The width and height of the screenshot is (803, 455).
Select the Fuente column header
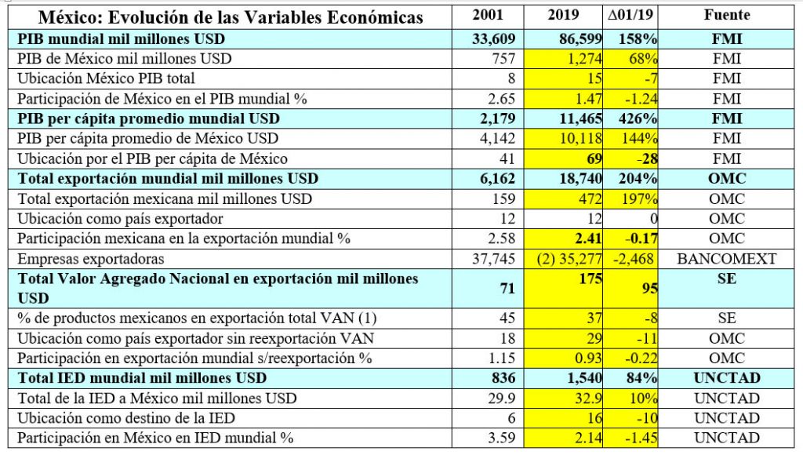[727, 16]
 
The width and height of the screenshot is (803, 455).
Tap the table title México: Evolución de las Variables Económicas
[231, 17]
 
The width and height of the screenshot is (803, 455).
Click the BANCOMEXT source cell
[727, 258]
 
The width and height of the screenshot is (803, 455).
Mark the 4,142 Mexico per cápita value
[497, 139]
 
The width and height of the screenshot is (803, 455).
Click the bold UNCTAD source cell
[727, 378]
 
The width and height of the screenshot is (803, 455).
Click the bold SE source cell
[727, 279]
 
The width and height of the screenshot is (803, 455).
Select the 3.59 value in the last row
[502, 438]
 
